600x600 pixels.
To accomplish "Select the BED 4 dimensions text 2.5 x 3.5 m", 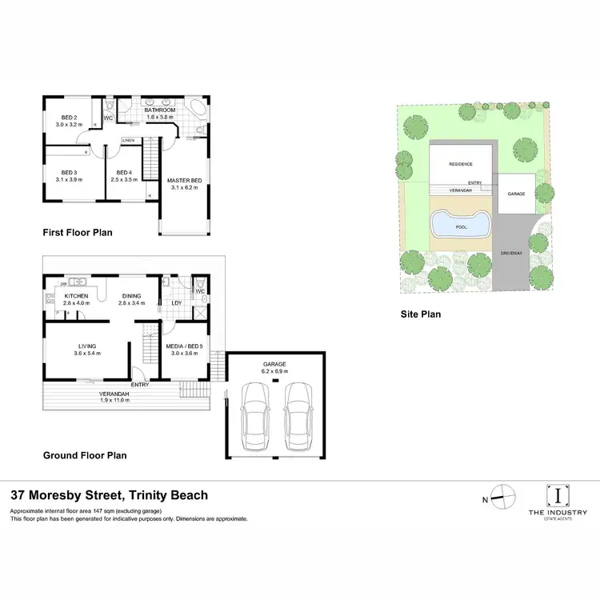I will coord(123,181).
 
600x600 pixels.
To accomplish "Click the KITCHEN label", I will coord(77,296).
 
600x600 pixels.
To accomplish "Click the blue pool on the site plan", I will coord(459,226).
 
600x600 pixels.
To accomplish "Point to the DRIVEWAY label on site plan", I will coord(512,252).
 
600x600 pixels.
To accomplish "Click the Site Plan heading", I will coord(421,314).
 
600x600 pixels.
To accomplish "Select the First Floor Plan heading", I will coord(78,233).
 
